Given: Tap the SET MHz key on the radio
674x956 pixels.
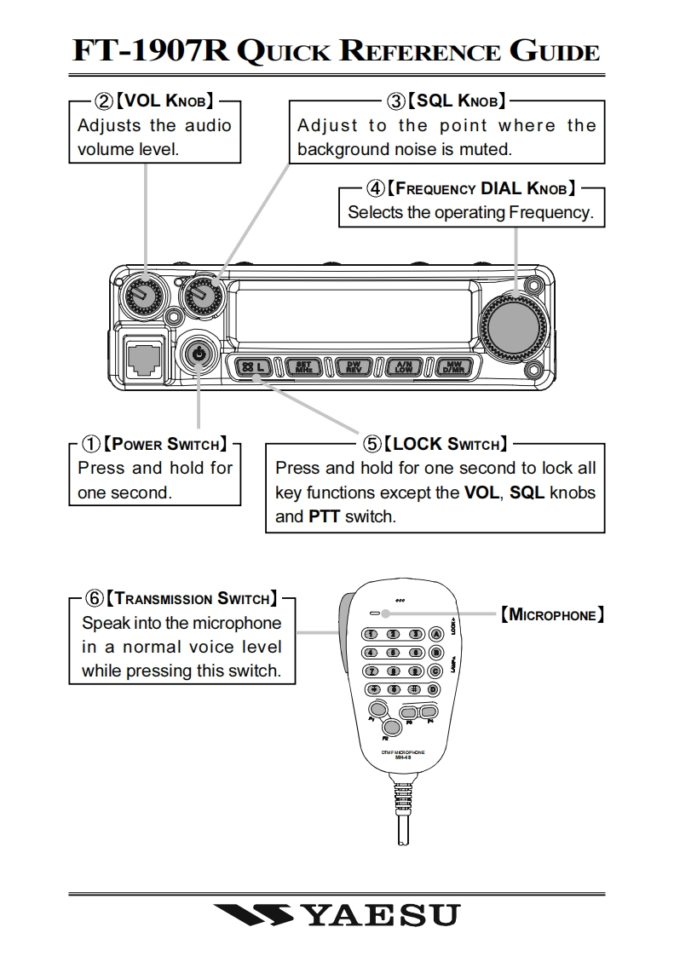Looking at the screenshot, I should point(302,367).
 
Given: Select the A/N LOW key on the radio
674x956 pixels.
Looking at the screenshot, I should point(403,367).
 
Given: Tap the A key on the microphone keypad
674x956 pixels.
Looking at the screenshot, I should point(435,633).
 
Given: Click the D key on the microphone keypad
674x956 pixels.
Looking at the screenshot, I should point(435,689).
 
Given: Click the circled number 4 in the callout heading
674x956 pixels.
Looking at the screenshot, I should point(375,187).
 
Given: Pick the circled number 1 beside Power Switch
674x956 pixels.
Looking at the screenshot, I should point(90,444).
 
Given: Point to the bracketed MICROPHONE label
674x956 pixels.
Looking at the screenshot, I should point(553,613).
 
